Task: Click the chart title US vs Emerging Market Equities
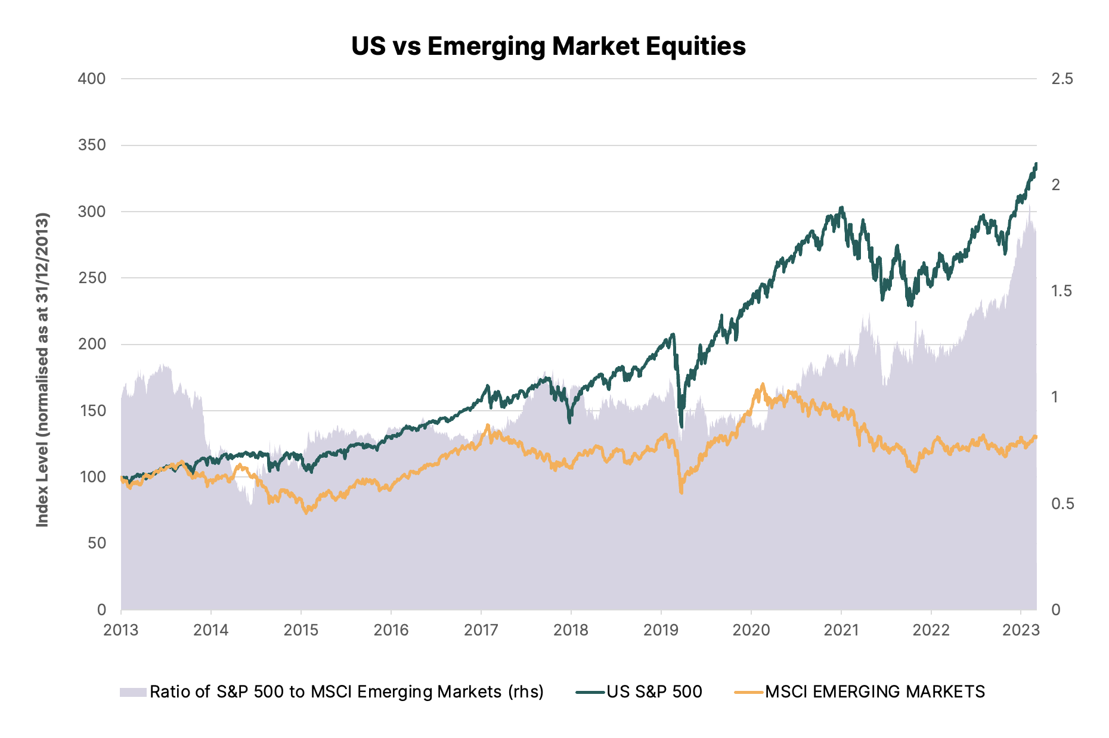pos(548,46)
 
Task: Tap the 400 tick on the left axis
pos(92,79)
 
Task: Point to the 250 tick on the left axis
pos(92,278)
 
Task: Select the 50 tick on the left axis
pos(97,543)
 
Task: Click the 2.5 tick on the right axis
pos(1062,79)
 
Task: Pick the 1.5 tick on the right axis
pos(1062,291)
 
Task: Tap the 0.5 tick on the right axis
pos(1062,504)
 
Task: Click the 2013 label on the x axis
pos(121,630)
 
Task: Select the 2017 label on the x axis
pos(481,630)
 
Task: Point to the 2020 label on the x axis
pos(751,630)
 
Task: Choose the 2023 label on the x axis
pos(1021,630)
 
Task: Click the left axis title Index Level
pos(42,370)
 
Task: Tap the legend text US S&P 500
pos(654,692)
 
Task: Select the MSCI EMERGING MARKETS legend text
pos(875,692)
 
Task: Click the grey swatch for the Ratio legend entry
pos(133,692)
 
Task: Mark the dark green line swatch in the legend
pos(590,692)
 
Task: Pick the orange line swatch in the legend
pos(749,692)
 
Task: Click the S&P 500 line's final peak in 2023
pos(1036,163)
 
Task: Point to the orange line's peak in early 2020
pos(763,384)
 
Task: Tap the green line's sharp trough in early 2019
pos(681,426)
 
